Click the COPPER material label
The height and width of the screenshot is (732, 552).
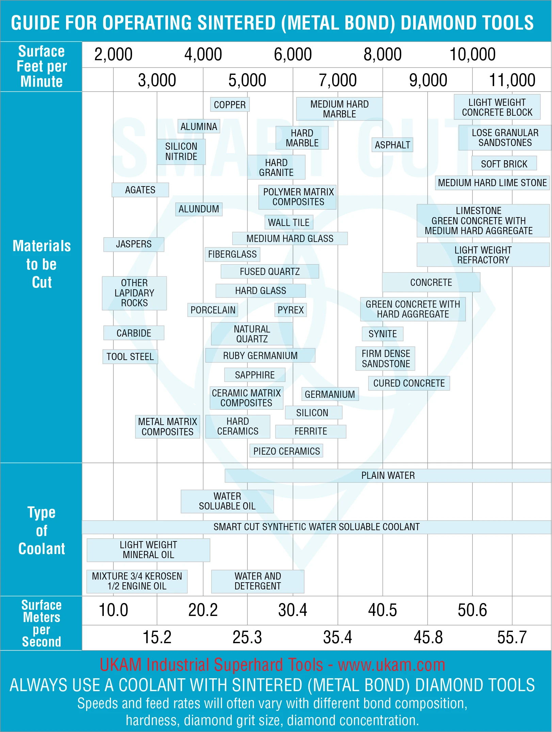click(x=230, y=104)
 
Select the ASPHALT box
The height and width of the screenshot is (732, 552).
click(x=392, y=145)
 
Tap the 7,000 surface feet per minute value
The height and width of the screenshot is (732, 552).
click(x=338, y=80)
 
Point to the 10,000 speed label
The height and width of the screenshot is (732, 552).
click(x=472, y=54)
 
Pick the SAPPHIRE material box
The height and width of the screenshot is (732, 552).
click(x=255, y=375)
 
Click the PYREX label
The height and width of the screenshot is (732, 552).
click(x=290, y=310)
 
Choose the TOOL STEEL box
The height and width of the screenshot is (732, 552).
click(x=130, y=357)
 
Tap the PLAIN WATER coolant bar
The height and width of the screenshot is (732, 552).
click(x=388, y=475)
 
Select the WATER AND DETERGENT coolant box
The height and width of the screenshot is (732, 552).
click(x=258, y=581)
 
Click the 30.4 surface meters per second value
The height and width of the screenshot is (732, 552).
click(x=293, y=610)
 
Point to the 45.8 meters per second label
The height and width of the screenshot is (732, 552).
click(x=428, y=637)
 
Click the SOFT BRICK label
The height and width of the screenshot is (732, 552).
click(x=504, y=164)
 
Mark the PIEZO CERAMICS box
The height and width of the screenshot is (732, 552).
click(x=287, y=451)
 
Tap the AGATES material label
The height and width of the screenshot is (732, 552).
click(x=140, y=190)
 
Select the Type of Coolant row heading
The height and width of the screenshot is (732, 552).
click(x=42, y=531)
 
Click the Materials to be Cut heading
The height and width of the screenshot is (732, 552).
click(x=42, y=264)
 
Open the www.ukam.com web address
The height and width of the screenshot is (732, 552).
click(x=391, y=665)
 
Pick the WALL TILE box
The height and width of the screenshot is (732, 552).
click(x=289, y=222)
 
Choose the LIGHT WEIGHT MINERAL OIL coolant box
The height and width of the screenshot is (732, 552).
click(x=148, y=550)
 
